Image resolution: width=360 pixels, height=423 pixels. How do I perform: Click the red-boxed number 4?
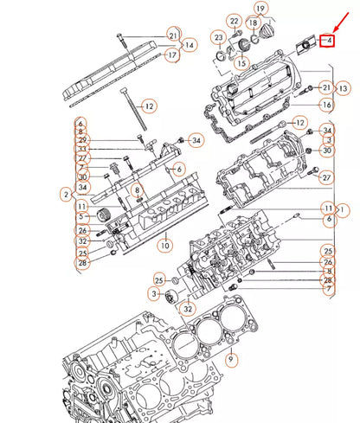[x=327, y=41]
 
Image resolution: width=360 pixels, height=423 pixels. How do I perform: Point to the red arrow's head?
[x=321, y=32]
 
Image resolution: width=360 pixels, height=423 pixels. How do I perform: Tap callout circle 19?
[x=259, y=10]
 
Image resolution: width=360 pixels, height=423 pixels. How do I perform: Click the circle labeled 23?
[x=218, y=40]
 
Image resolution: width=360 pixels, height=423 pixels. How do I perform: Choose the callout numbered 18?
[x=254, y=22]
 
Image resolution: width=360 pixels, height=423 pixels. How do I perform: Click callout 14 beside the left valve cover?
[x=190, y=44]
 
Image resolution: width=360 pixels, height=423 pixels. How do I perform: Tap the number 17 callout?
[x=173, y=55]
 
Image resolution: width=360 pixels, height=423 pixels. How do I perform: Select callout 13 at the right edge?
[x=344, y=88]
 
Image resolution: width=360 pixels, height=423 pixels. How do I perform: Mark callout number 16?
[x=326, y=105]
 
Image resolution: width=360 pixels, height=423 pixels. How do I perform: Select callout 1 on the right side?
[x=344, y=209]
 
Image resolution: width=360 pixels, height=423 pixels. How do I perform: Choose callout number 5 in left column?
[x=80, y=217]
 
